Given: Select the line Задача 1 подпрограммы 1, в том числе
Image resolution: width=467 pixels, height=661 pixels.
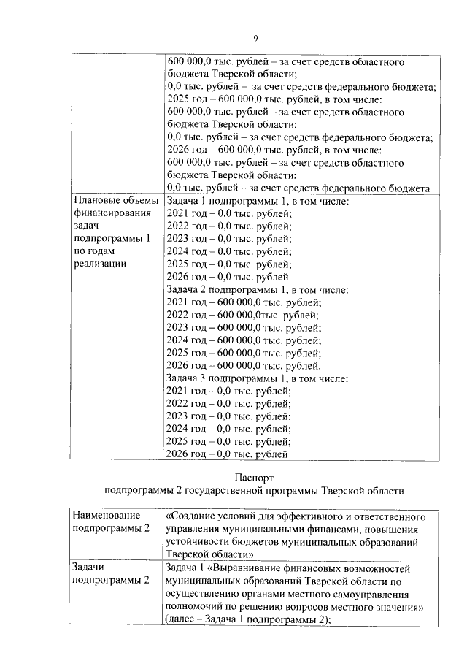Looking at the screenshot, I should [x=258, y=201].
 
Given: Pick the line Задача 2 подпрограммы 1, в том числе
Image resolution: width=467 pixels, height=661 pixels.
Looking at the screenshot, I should [x=258, y=289].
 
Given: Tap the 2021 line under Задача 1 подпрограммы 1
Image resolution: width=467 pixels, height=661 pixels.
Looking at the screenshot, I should [x=229, y=213].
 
